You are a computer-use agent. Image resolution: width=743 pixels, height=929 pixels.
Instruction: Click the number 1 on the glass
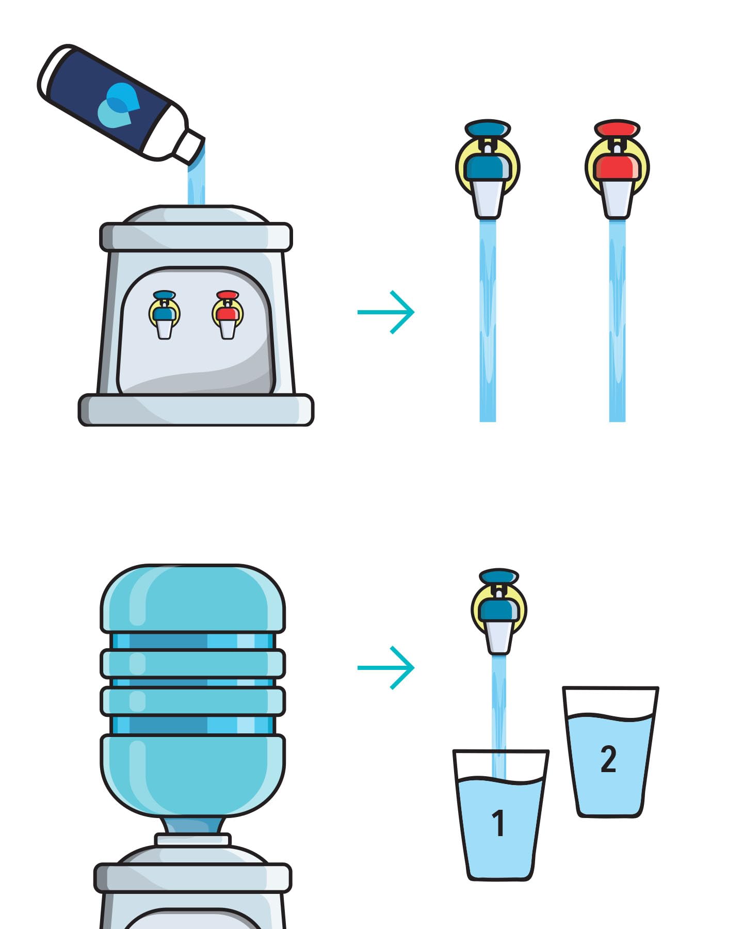tap(498, 823)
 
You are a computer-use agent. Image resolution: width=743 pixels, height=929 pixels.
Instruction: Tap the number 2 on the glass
tap(608, 759)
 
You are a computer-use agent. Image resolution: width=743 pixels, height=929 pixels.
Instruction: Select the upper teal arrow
tap(386, 312)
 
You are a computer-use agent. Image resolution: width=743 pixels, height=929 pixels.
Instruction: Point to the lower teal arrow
tap(386, 667)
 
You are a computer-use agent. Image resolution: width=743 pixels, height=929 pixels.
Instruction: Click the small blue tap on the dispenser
tap(164, 314)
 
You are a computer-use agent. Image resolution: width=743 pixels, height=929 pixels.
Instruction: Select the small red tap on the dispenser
tap(227, 314)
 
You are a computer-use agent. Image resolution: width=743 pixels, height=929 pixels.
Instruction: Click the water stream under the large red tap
tap(617, 320)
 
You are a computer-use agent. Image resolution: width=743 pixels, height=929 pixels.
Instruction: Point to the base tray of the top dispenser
tap(196, 410)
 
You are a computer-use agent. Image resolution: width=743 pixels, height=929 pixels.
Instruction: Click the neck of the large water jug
tap(192, 826)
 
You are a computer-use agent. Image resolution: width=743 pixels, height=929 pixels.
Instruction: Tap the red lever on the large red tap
tap(617, 129)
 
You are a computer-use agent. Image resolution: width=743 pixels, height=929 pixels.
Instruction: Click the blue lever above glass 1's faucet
tap(498, 576)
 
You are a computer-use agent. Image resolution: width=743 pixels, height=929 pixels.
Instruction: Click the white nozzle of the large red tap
tap(617, 199)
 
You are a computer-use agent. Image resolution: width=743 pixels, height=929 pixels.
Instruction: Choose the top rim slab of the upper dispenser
tap(196, 237)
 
